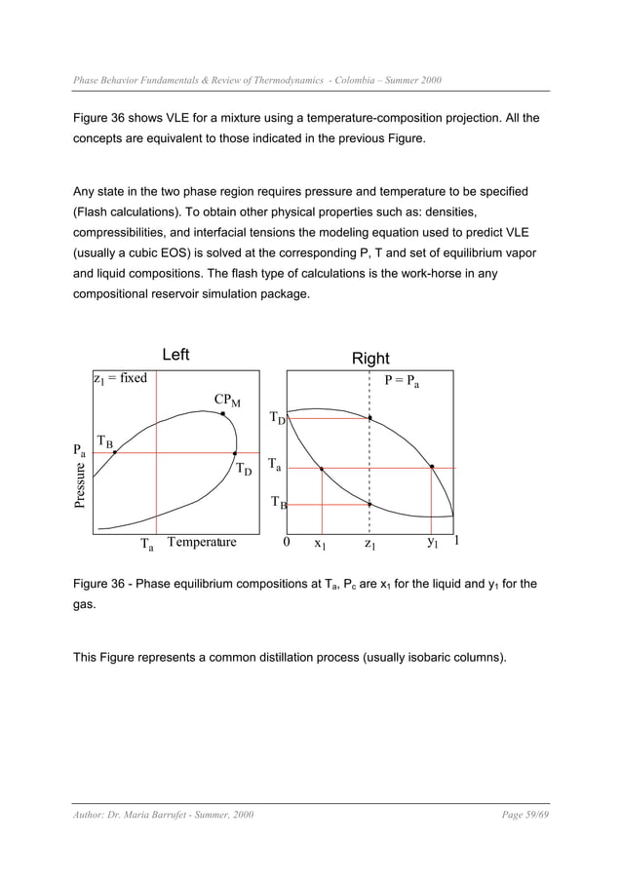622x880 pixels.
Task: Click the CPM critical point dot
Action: coord(223,414)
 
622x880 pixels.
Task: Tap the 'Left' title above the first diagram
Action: coord(175,355)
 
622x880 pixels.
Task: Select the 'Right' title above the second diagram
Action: coord(370,359)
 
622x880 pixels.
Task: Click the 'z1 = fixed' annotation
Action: coord(120,379)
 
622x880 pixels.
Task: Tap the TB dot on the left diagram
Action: coord(115,453)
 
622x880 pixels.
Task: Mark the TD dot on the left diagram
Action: coord(235,453)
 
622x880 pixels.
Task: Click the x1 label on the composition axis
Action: coord(319,544)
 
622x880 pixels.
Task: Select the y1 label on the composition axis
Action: coord(433,543)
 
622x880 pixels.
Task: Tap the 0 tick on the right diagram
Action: coord(287,543)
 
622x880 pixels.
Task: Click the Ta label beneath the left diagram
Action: coord(147,545)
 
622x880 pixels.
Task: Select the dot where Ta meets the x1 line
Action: coord(321,469)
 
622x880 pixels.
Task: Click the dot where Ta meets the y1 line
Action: coord(432,467)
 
